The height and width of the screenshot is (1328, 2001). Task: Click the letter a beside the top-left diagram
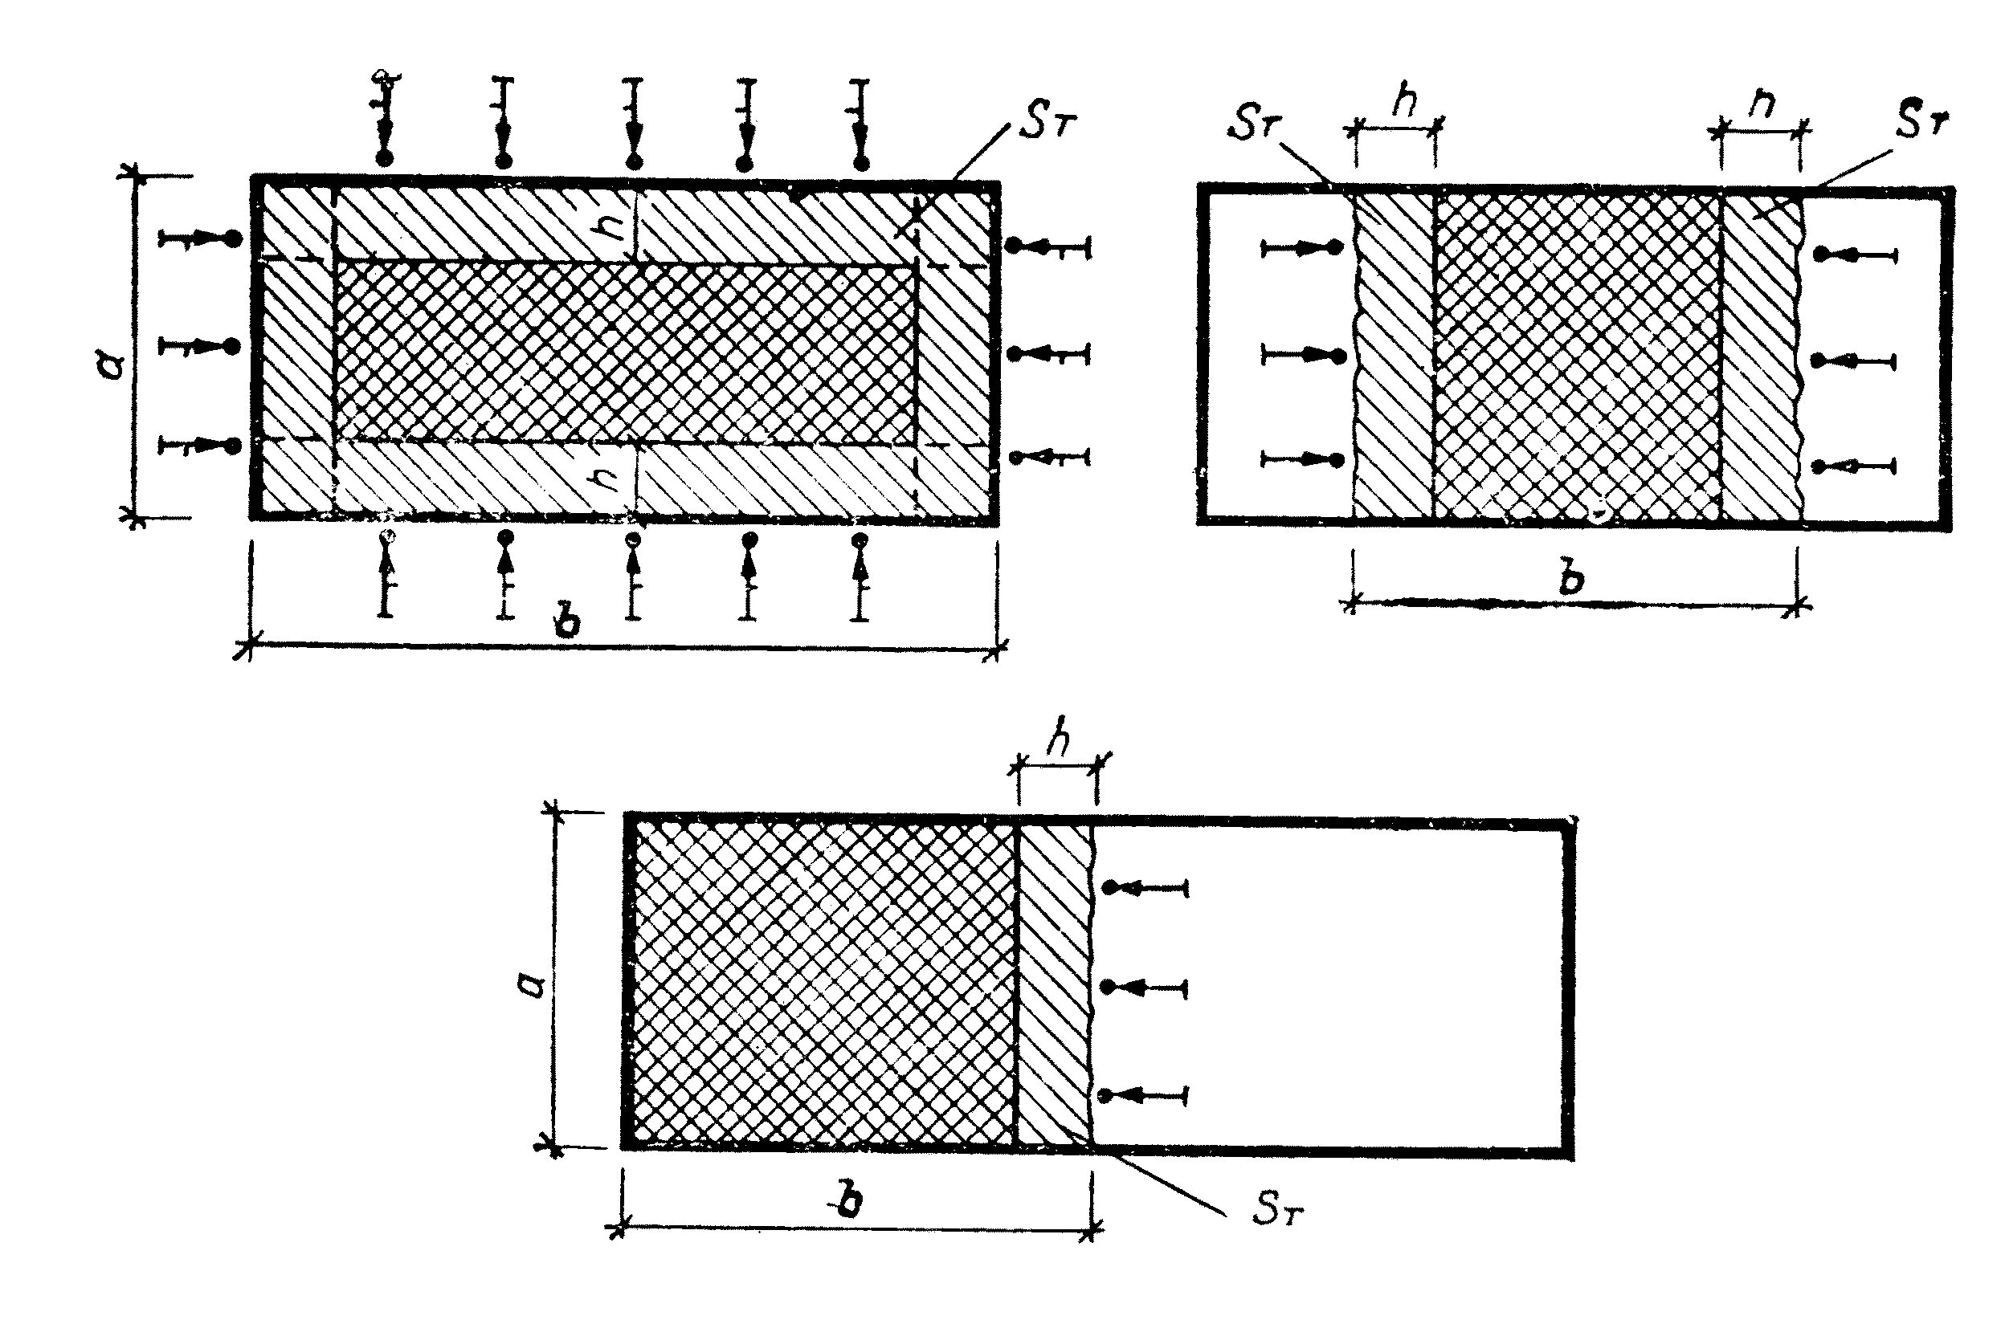tap(113, 366)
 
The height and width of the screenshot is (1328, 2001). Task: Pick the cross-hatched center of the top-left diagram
tap(625, 352)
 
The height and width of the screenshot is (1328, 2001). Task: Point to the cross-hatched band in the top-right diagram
tap(1578, 356)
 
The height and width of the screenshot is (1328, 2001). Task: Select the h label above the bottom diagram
tap(1057, 742)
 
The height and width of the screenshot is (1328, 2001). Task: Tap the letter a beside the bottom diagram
tap(531, 985)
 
